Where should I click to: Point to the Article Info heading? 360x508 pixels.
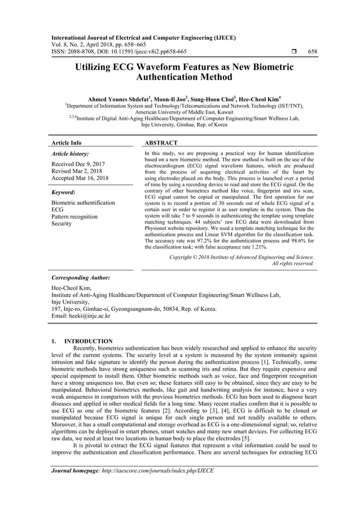pyautogui.click(x=67, y=143)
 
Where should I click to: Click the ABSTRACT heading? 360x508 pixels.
pyautogui.click(x=161, y=143)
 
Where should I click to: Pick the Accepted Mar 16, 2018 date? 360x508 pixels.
pyautogui.click(x=80, y=178)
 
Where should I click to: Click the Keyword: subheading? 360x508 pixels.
pyautogui.click(x=65, y=191)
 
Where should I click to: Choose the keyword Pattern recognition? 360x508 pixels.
pyautogui.click(x=74, y=216)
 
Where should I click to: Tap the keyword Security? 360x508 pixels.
pyautogui.click(x=62, y=224)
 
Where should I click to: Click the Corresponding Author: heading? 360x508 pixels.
pyautogui.click(x=80, y=278)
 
